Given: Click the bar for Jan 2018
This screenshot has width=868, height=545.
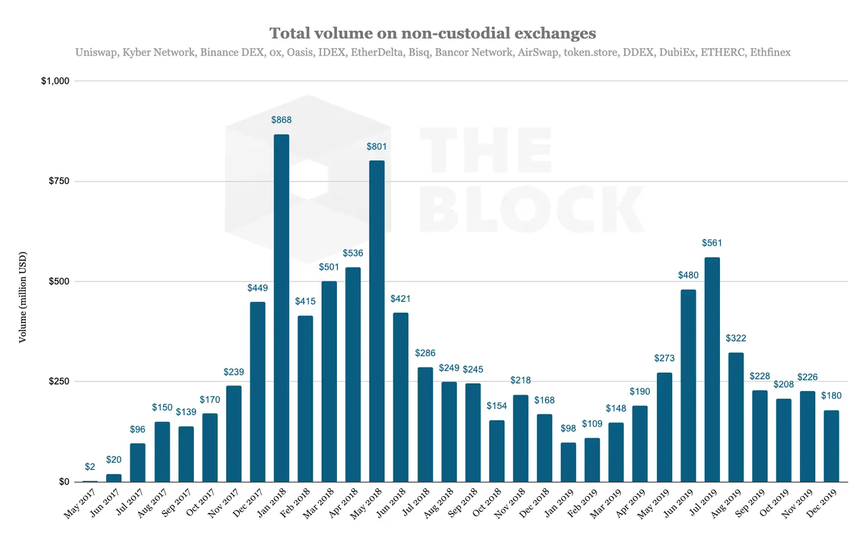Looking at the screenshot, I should (281, 308).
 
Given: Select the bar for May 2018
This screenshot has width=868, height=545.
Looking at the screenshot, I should (377, 321).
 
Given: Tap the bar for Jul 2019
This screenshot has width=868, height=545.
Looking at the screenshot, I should (712, 370).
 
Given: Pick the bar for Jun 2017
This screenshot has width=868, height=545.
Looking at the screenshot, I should (114, 478).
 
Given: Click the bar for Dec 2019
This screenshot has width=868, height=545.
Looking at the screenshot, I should (831, 446).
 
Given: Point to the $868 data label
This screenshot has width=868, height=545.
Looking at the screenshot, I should (281, 120).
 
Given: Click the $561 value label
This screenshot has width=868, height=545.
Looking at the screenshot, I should (712, 243).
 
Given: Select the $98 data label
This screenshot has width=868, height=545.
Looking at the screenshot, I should (568, 429).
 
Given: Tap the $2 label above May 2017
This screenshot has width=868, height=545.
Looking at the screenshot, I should (90, 467).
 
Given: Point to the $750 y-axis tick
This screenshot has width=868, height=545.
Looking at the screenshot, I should (59, 181).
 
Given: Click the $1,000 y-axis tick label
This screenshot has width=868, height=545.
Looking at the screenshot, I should (56, 81).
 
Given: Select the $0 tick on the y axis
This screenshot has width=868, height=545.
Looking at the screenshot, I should (64, 481).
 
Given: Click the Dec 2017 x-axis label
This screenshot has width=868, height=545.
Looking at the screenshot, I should (248, 504).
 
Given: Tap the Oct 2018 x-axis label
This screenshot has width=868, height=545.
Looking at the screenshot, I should (487, 504).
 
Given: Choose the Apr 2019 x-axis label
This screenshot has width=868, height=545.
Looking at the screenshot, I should (631, 504).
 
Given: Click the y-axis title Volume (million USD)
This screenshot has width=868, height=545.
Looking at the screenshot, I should (22, 297).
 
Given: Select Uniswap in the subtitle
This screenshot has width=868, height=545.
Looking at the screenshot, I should (96, 53).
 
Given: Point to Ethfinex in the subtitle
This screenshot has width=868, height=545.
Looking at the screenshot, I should (770, 53).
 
